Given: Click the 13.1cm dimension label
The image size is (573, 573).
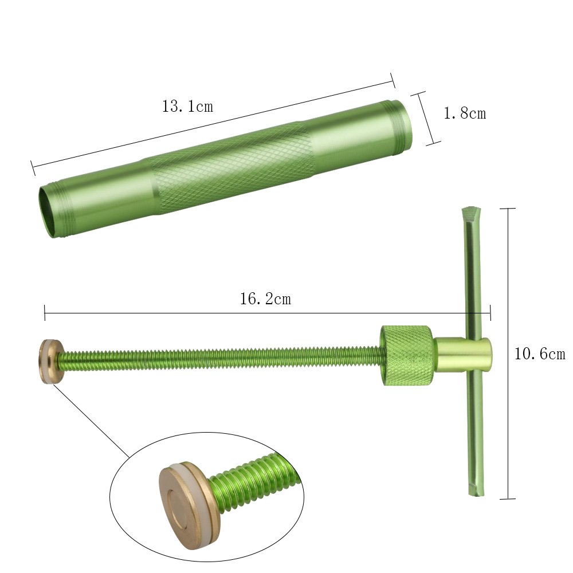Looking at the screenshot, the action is click(x=187, y=107).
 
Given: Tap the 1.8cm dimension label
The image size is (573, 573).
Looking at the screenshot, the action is click(x=465, y=113).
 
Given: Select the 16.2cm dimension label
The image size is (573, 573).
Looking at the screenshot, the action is click(x=265, y=299).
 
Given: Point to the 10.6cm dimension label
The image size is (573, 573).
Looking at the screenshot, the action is click(x=540, y=354).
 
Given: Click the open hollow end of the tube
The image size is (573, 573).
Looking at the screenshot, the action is click(x=47, y=212).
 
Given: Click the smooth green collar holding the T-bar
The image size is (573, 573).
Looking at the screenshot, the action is click(x=462, y=354).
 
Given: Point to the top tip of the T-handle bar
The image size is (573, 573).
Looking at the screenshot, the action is click(x=471, y=209).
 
